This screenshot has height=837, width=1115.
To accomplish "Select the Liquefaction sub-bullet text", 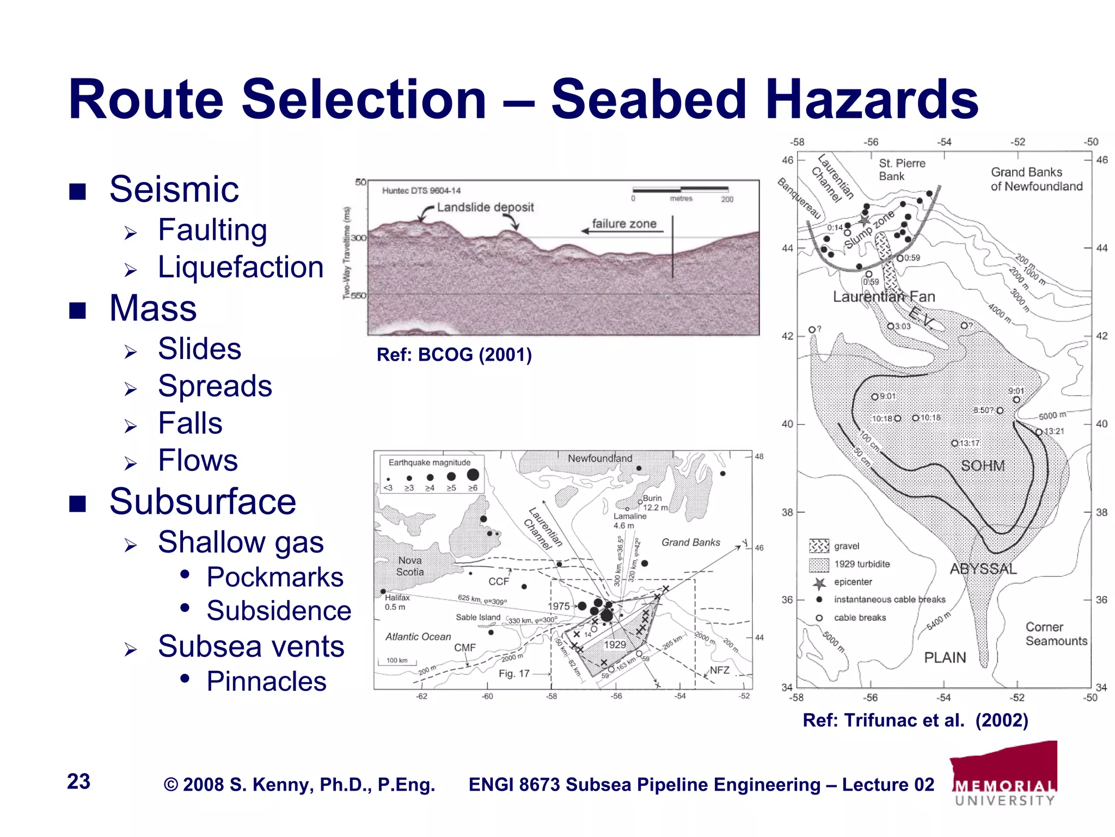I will point(241,268).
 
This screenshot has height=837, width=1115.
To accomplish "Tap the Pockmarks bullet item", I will point(275,577).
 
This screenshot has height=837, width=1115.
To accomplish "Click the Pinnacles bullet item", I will point(266,681).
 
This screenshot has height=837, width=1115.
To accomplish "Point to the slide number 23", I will point(78,781).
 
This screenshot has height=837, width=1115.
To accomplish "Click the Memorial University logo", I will point(1005,774).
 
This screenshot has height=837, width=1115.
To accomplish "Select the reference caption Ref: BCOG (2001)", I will point(454,355).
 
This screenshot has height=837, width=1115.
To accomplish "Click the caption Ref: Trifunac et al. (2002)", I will point(915,720).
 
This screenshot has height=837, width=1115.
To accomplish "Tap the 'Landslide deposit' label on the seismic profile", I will point(485,207).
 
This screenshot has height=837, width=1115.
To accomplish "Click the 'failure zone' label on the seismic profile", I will point(624,223).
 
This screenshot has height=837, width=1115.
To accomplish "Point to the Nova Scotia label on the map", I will point(410,566).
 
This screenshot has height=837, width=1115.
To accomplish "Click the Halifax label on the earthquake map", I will point(397,597).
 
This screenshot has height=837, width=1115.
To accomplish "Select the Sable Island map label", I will point(478,617).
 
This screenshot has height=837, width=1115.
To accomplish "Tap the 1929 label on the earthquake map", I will point(615,645).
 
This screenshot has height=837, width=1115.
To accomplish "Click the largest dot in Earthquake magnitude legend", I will point(473,475).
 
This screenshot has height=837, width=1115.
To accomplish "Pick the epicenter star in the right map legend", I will point(819,583).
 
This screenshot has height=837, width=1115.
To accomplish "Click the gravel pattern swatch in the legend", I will point(819,546).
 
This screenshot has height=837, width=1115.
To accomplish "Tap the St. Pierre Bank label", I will point(902,169).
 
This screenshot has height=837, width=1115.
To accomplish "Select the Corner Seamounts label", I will point(1056,634).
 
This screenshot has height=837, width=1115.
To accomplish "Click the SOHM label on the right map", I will point(983,466).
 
